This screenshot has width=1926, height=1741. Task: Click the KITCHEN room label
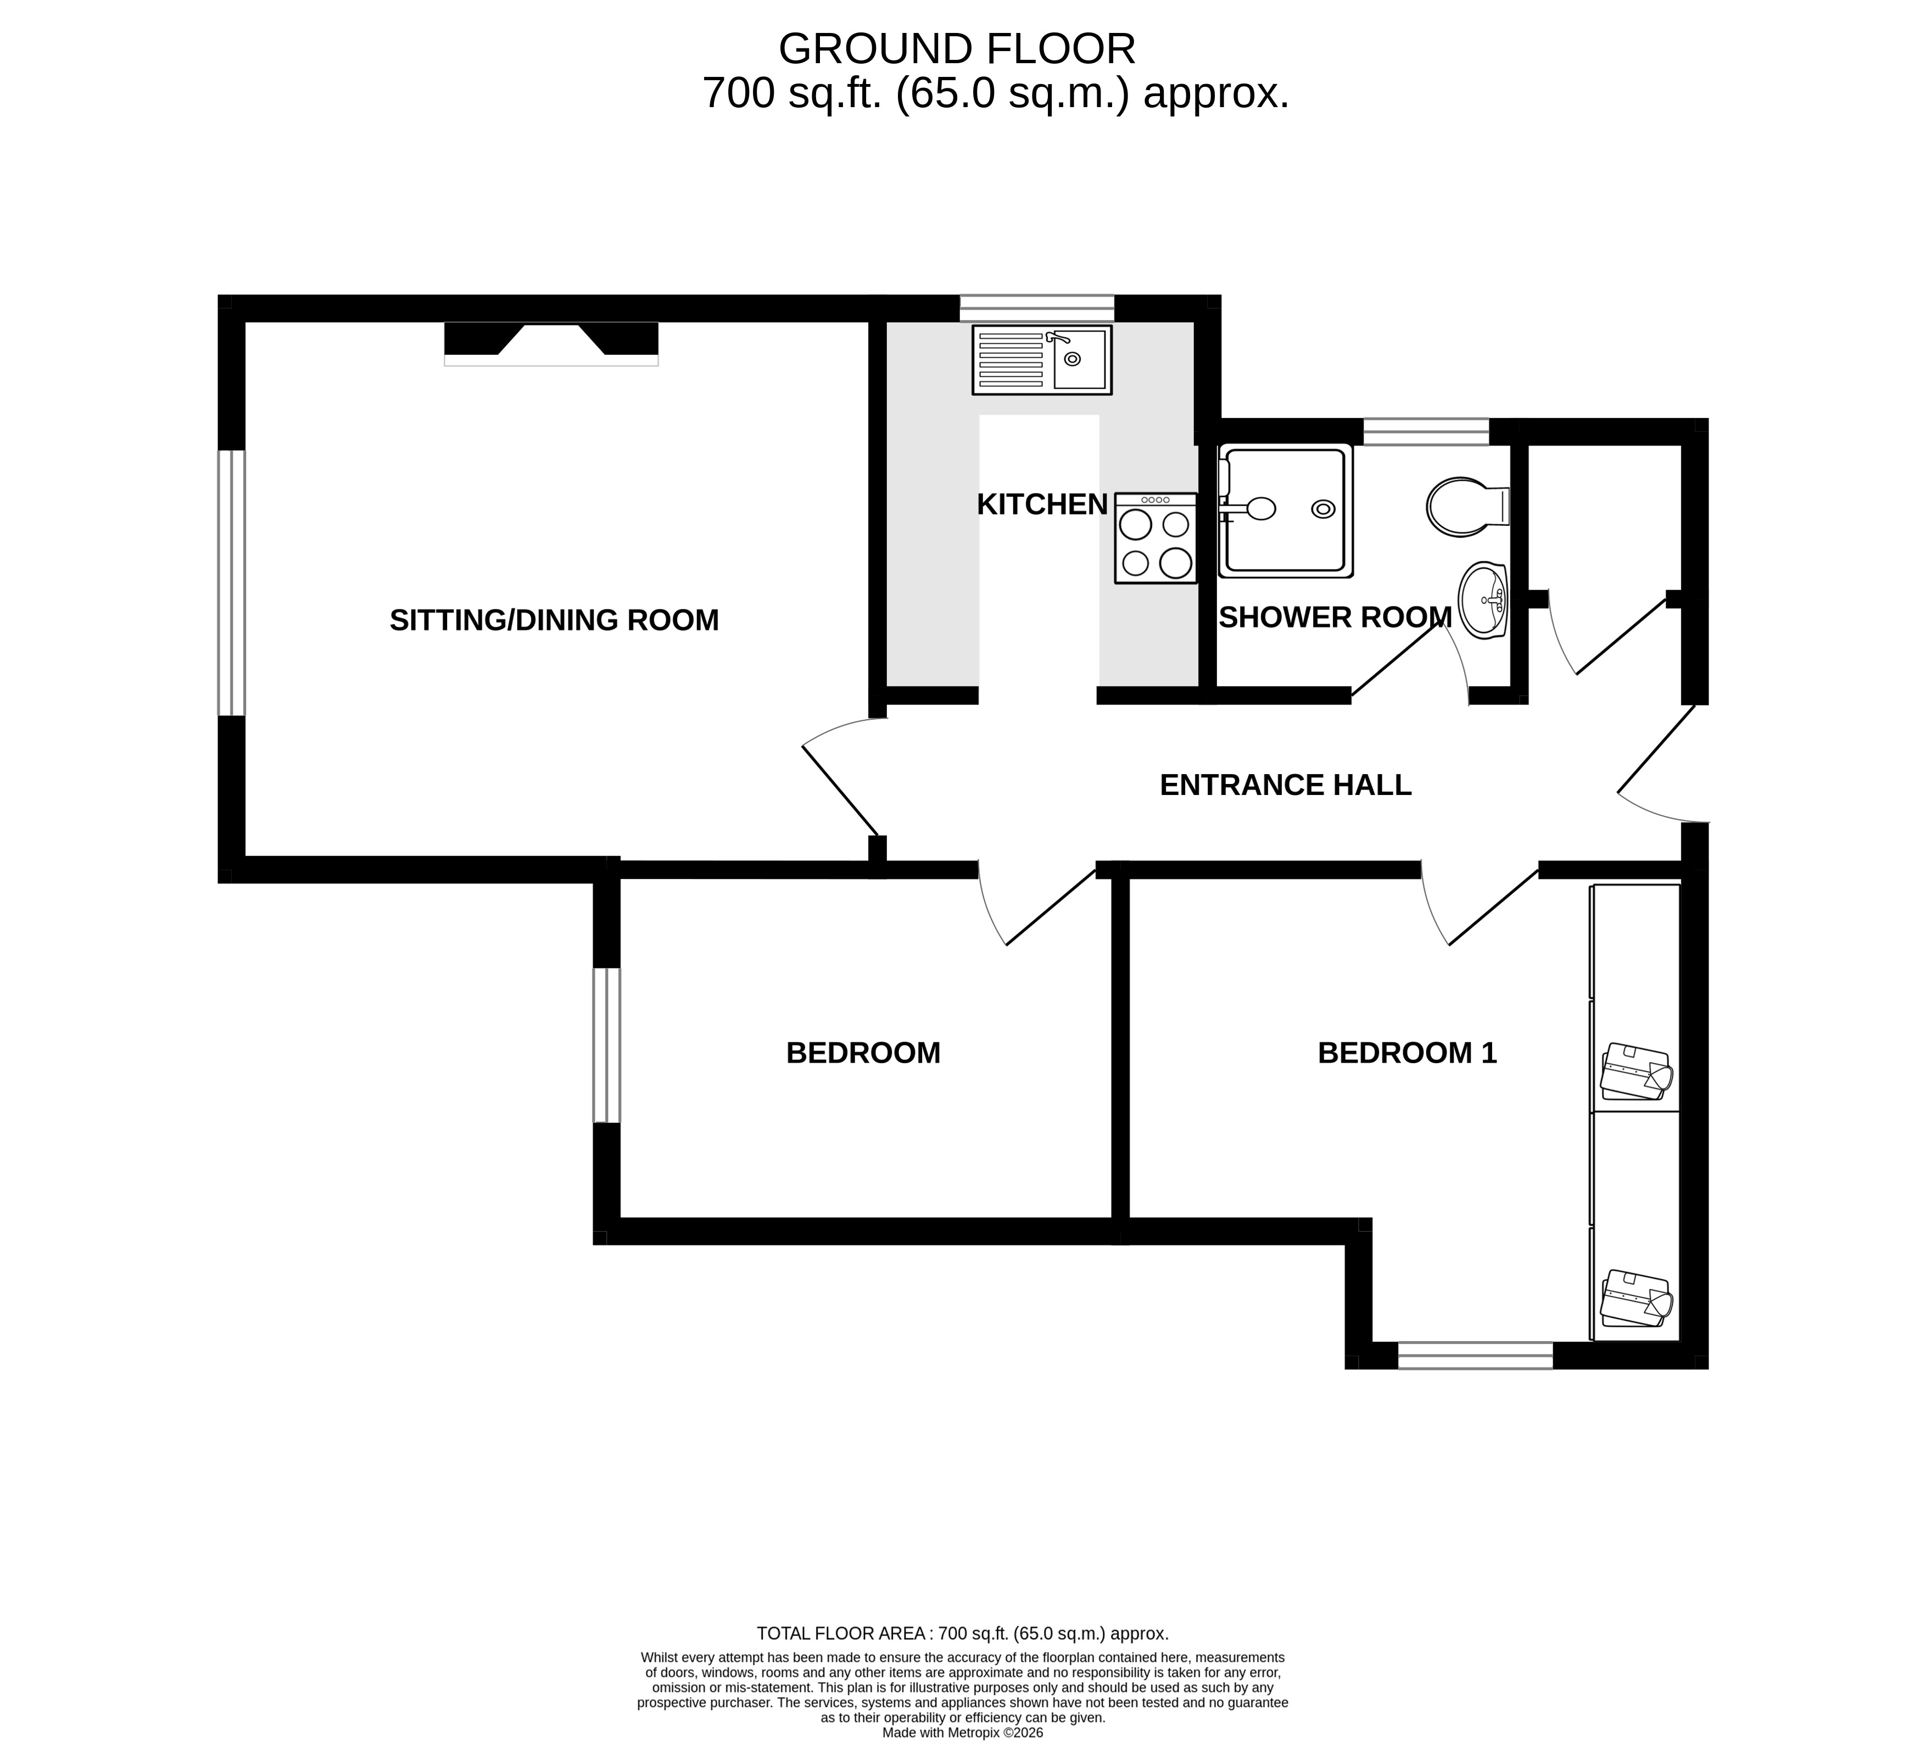(1041, 504)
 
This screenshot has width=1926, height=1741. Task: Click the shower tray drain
(1323, 509)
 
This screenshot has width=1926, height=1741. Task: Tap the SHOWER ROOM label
(1335, 618)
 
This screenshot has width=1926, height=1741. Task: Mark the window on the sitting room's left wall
(231, 583)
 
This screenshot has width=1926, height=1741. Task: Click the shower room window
(1425, 431)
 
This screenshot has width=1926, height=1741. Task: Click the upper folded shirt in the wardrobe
(1635, 1071)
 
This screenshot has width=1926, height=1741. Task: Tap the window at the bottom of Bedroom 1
(1475, 1355)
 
